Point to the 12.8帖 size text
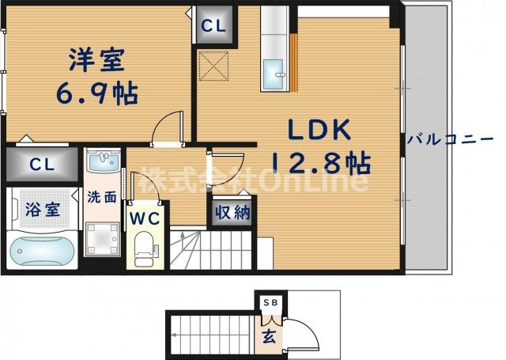pyautogui.click(x=320, y=164)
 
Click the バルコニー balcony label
pyautogui.click(x=451, y=139)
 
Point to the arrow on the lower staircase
pyautogui.click(x=174, y=335)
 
